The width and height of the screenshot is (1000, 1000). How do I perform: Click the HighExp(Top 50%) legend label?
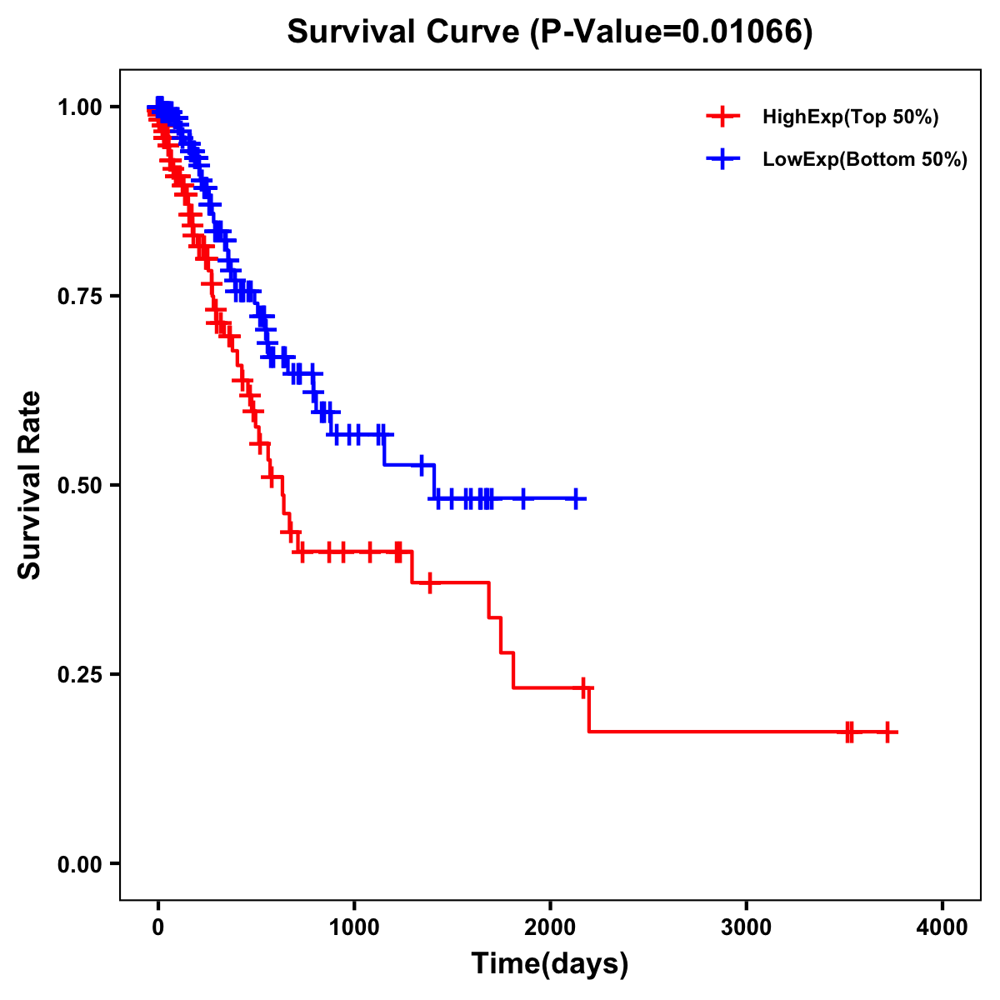pyautogui.click(x=851, y=117)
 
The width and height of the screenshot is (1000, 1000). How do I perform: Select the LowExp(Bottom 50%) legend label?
pyautogui.click(x=865, y=159)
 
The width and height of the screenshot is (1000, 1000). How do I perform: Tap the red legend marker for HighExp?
pyautogui.click(x=723, y=117)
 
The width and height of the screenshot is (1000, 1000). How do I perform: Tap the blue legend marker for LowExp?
pyautogui.click(x=723, y=158)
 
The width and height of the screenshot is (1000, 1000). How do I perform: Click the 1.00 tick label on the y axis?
pyautogui.click(x=79, y=107)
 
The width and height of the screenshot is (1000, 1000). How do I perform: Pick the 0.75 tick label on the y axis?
pyautogui.click(x=79, y=297)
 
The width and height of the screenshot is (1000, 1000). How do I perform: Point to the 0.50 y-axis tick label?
pyautogui.click(x=79, y=486)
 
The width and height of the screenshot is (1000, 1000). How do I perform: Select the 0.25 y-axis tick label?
pyautogui.click(x=79, y=675)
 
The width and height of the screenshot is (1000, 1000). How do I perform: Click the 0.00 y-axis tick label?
pyautogui.click(x=79, y=864)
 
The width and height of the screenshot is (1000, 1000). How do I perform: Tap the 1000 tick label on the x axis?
pyautogui.click(x=354, y=928)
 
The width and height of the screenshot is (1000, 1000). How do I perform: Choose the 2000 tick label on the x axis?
pyautogui.click(x=550, y=928)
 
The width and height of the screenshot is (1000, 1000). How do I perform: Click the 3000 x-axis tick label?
pyautogui.click(x=746, y=928)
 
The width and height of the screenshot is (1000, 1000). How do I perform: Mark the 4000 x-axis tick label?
pyautogui.click(x=942, y=928)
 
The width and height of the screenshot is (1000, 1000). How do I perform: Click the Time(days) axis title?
pyautogui.click(x=550, y=964)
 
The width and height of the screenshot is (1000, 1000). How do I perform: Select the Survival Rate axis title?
pyautogui.click(x=31, y=485)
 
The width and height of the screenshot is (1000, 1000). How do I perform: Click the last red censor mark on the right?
pyautogui.click(x=888, y=732)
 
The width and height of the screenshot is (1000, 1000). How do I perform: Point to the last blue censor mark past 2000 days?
pyautogui.click(x=575, y=499)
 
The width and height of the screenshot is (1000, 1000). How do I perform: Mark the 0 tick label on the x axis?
pyautogui.click(x=158, y=928)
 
